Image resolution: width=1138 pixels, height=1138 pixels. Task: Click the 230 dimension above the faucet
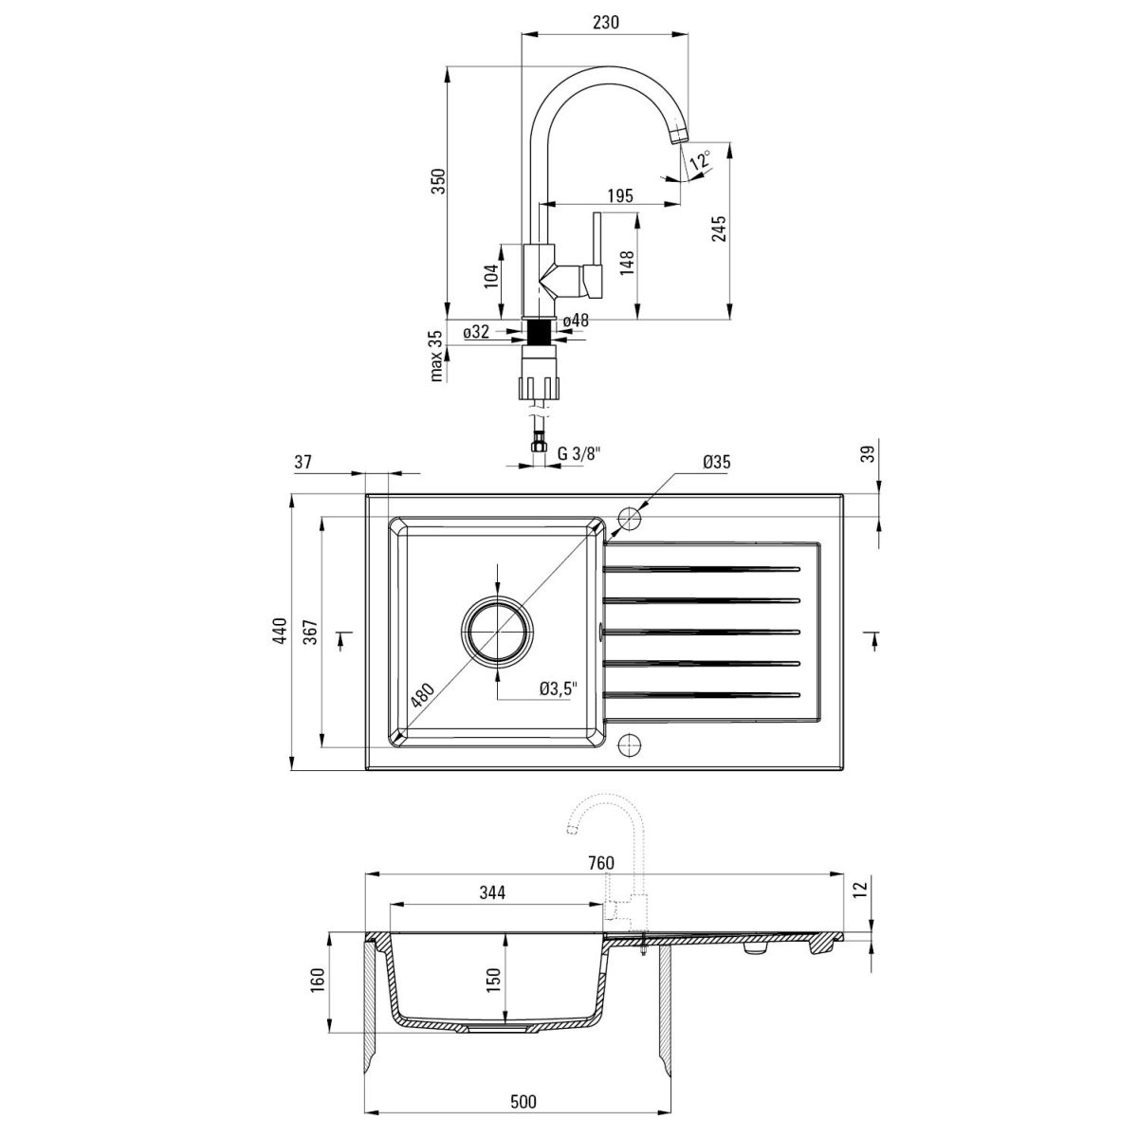605,22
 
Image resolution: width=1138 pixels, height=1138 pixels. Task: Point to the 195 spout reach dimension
620,195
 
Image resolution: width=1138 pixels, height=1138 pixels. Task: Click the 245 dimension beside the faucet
719,229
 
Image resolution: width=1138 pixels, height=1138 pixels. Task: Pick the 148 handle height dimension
627,263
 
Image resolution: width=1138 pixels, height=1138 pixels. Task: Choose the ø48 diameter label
577,321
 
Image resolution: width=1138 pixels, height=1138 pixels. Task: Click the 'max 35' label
436,356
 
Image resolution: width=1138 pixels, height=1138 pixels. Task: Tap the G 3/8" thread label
578,453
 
